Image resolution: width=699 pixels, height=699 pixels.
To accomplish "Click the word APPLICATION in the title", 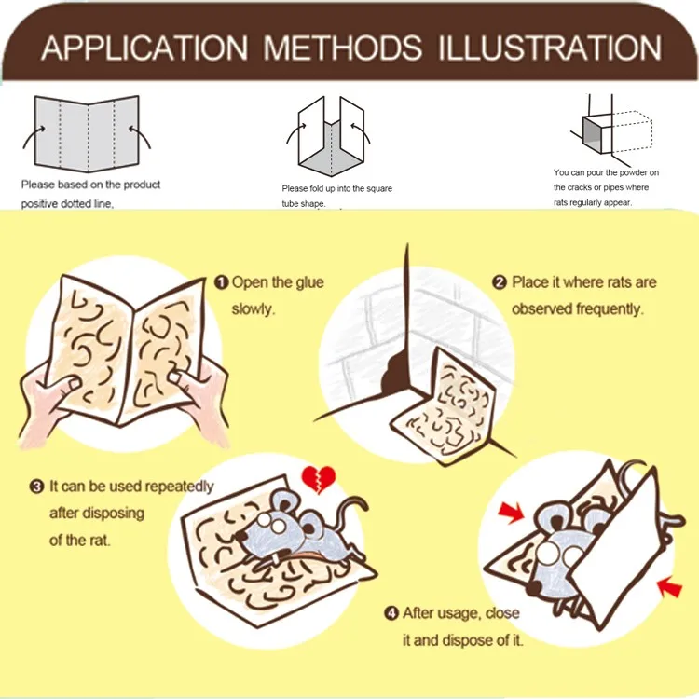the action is point(144,48).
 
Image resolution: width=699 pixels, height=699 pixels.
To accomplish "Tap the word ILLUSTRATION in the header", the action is point(550,48).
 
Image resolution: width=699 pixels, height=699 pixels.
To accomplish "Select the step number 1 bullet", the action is point(221,282).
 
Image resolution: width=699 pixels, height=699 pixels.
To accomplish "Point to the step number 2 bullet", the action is point(500,282).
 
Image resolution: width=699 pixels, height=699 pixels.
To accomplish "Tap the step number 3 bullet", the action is point(36,486).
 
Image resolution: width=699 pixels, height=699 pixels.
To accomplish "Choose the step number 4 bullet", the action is point(391,613).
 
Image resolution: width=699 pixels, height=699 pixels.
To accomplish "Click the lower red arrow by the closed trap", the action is point(670,586).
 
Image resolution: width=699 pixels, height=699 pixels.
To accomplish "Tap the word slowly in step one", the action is point(253,308).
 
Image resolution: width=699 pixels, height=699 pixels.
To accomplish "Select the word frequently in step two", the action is point(610,308).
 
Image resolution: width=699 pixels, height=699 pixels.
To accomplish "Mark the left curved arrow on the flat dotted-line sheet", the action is point(33,137).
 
